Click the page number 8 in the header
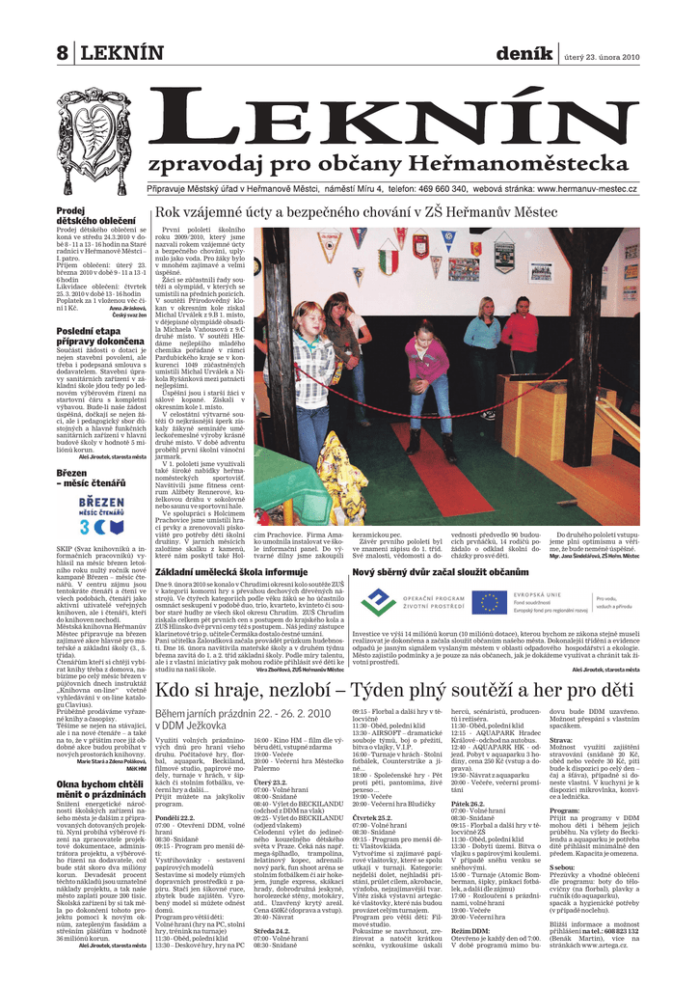63,54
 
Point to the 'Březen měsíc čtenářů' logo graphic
100,514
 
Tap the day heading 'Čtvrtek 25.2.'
372,816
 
